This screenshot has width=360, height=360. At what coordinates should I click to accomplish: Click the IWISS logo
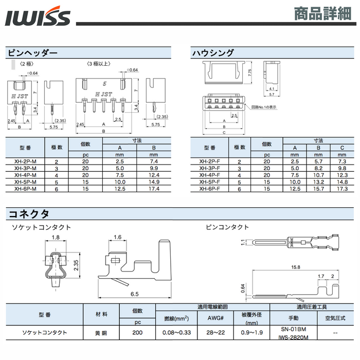coord(38,17)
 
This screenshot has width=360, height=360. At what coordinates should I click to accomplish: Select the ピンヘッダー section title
coord(31,52)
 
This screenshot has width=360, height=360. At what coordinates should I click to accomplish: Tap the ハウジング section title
coord(212,52)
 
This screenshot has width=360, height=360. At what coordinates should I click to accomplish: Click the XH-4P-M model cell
coord(25,175)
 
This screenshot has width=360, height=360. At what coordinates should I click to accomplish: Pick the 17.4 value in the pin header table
coord(153,189)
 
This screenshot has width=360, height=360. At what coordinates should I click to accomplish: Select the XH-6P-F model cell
coord(210,189)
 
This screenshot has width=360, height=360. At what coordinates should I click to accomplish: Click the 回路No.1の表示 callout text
coord(264,107)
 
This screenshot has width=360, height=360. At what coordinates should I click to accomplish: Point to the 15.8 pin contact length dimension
coord(295,267)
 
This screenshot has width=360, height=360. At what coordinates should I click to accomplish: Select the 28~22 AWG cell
coord(215,333)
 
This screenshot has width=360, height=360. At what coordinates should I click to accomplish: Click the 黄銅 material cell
coord(101,333)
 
